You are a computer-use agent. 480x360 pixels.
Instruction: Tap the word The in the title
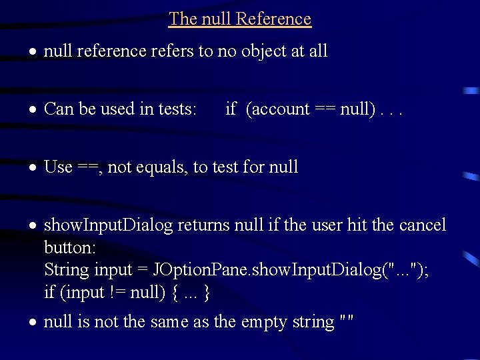182,19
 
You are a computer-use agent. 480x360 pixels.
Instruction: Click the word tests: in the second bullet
175,109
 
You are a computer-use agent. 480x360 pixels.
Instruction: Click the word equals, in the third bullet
163,167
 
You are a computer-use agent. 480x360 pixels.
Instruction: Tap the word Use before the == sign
58,167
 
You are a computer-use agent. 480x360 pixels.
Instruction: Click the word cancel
423,225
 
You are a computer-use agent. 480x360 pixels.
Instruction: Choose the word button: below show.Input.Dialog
70,248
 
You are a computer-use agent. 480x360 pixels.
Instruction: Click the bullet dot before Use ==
33,167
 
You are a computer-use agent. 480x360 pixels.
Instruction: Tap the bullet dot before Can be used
33,109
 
